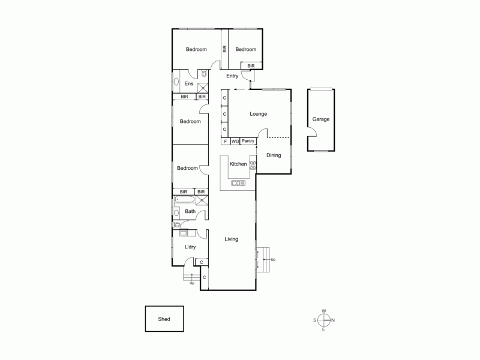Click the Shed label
tap(164, 319)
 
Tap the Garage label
tap(320, 119)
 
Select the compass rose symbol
tap(324, 320)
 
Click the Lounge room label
tap(258, 114)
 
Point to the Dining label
tap(274, 155)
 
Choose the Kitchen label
tap(238, 164)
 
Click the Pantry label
tap(248, 142)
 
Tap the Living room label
tap(232, 239)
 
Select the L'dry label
tap(190, 247)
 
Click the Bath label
tap(190, 211)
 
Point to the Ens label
tap(188, 83)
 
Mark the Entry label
tap(232, 76)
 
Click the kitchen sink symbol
tap(238, 183)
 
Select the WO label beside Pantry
tap(235, 142)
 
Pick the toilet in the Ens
tap(204, 74)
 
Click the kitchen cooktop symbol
tap(253, 166)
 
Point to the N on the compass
tap(333, 320)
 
